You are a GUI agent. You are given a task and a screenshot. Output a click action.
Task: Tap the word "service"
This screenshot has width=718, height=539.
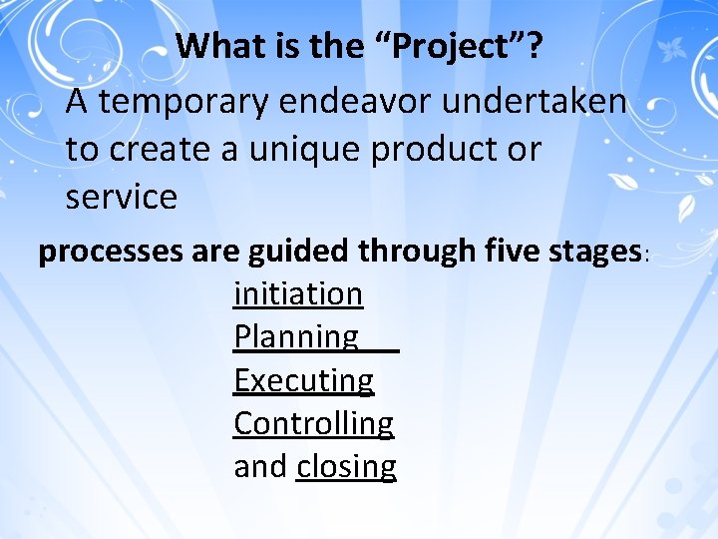coord(121,197)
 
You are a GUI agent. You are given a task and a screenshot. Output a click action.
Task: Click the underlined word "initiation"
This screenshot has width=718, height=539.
coord(298,293)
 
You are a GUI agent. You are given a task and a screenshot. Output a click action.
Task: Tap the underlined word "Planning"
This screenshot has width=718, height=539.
coord(296,337)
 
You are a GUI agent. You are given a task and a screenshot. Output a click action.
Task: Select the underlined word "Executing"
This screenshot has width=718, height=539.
coord(304,380)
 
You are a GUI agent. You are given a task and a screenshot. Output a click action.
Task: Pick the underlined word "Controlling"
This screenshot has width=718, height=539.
coord(314,423)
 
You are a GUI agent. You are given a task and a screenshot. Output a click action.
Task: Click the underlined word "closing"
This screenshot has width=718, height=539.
coord(346,466)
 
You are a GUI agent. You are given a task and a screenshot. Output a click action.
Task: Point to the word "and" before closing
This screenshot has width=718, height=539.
coord(260,466)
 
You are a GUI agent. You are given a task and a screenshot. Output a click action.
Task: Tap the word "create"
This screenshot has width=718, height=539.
coord(163,149)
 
